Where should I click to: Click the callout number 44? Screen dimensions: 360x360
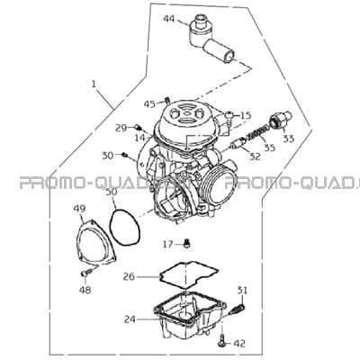[169, 19]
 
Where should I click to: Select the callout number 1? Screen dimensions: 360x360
[94, 84]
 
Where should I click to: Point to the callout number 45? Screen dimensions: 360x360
[149, 104]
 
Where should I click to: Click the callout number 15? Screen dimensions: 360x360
[246, 115]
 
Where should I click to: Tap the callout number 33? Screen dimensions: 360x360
[289, 139]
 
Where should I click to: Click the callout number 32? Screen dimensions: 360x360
[255, 157]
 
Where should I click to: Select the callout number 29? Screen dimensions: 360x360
[121, 129]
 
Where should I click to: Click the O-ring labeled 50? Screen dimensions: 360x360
[124, 228]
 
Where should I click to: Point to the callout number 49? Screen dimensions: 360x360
[79, 208]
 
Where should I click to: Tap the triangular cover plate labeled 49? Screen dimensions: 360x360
[96, 244]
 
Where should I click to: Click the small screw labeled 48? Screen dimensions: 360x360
[85, 273]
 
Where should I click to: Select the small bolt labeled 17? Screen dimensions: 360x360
[187, 244]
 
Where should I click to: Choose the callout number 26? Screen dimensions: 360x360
[129, 276]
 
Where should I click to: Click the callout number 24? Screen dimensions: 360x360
[130, 319]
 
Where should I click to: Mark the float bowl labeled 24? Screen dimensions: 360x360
[188, 315]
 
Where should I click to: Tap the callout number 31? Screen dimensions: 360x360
[243, 290]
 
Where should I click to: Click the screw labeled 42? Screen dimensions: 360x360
[221, 341]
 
